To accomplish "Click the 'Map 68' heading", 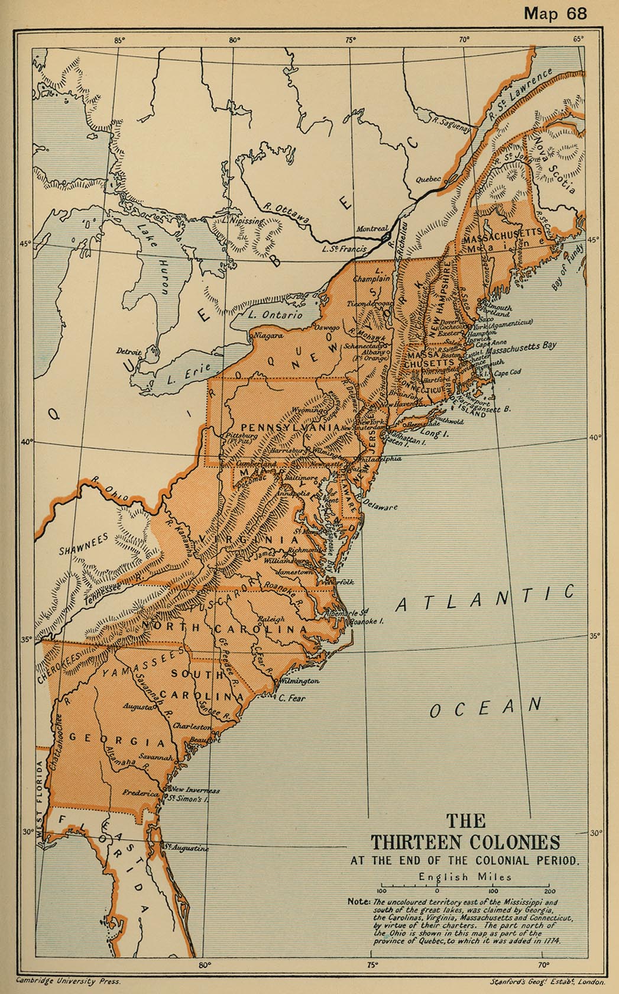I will click(555, 13).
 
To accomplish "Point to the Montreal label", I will click(372, 229).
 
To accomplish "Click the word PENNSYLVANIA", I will click(290, 427).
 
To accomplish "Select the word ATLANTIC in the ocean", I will click(485, 598).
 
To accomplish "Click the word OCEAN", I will click(485, 706).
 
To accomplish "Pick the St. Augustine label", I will click(186, 848).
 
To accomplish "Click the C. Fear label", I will click(292, 698).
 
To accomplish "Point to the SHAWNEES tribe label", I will click(84, 544).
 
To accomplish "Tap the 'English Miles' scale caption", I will click(465, 877).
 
